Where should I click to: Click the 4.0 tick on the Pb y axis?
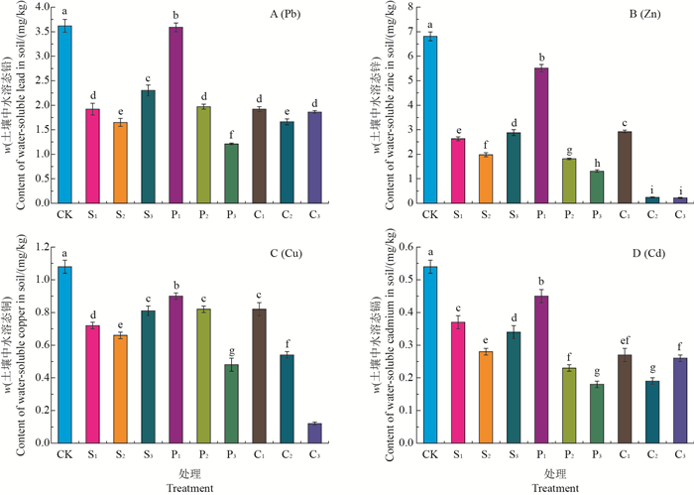pos(41,7)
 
